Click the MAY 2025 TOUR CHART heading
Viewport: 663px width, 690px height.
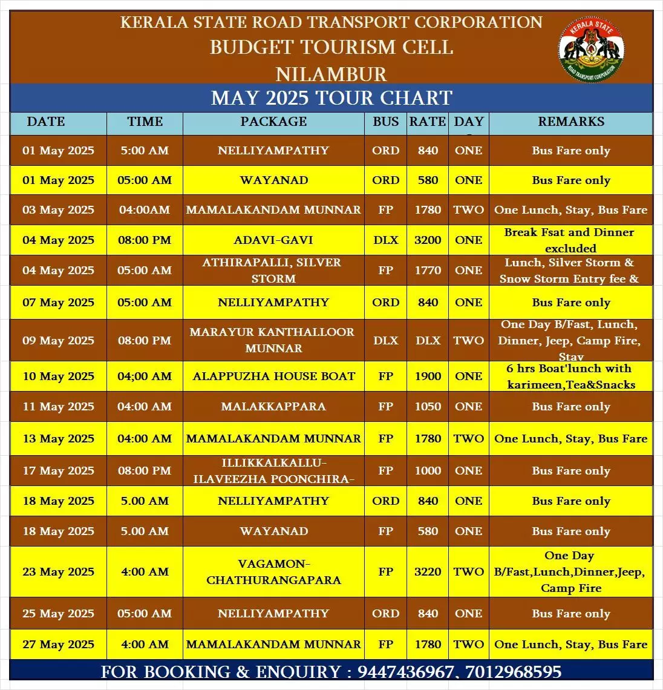coord(331,98)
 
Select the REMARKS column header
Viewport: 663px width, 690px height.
coord(570,122)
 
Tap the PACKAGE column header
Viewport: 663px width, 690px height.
coord(273,122)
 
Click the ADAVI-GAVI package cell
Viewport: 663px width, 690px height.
coord(273,240)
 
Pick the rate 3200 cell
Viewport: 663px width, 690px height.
coord(428,240)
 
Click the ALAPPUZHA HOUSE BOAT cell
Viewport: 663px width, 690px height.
coord(273,376)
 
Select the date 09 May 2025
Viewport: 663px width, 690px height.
coord(58,341)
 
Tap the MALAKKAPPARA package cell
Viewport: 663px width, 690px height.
coord(273,407)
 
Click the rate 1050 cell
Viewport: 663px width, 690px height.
coord(428,407)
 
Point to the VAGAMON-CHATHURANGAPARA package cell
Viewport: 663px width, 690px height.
coord(273,572)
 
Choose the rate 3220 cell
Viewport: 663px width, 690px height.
coord(428,572)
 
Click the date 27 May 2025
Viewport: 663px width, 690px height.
coord(58,645)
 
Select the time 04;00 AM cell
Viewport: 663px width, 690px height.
coord(145,376)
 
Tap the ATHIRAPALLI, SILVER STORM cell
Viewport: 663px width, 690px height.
coord(273,271)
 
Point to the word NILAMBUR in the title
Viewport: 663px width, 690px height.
coord(331,74)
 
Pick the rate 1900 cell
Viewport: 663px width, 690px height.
coord(428,376)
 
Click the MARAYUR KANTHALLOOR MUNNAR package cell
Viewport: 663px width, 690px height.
coord(273,341)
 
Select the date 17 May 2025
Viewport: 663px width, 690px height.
coord(58,471)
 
